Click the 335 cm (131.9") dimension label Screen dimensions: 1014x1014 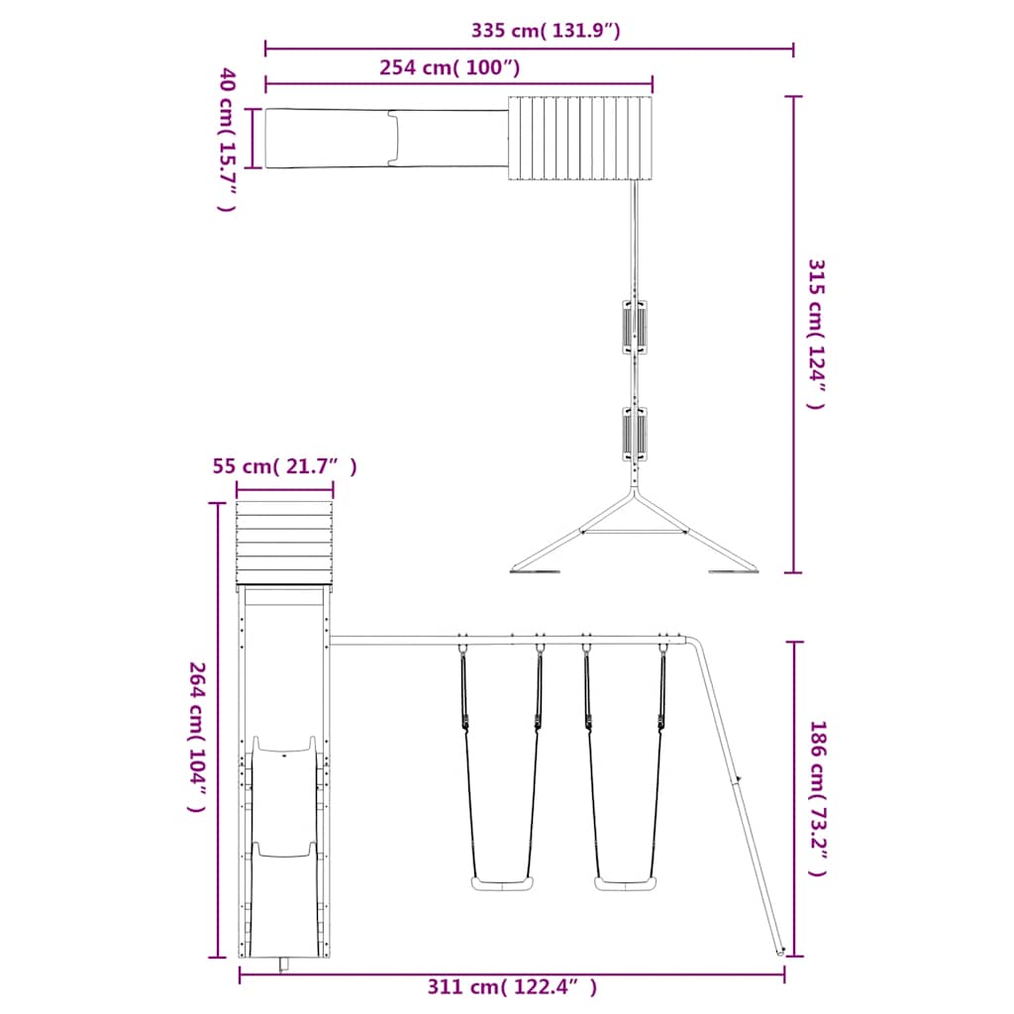546,31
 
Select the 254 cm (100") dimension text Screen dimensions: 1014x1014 450,67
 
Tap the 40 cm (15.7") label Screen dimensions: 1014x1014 227,139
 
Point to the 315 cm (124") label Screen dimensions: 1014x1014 816,335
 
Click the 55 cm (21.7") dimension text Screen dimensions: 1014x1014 284,465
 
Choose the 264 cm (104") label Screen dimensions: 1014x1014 197,737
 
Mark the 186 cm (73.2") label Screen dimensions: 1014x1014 817,799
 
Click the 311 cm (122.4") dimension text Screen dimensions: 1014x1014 512,987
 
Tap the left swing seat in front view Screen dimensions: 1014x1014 502,883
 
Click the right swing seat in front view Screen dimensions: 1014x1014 626,883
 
